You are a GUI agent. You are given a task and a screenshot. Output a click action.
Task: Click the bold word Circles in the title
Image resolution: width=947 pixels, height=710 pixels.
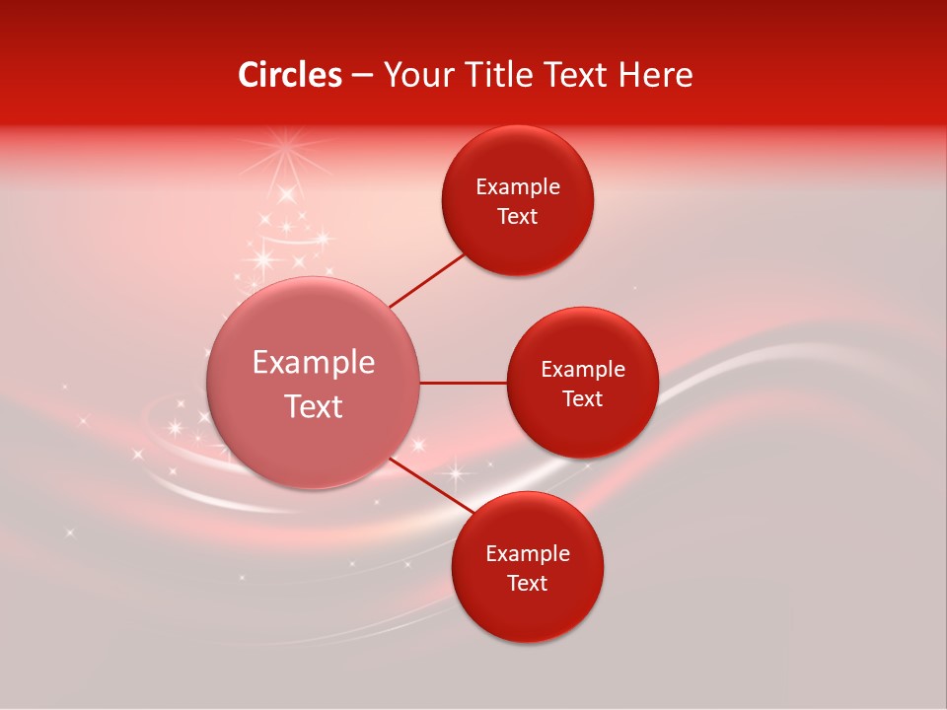click(x=289, y=75)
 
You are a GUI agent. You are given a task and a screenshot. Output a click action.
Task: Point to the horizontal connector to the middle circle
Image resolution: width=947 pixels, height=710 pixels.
click(x=464, y=383)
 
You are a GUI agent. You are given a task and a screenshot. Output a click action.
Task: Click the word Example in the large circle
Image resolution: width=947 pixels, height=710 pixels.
click(x=314, y=363)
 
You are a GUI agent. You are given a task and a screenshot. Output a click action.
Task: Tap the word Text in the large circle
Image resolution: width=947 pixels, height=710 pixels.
click(x=314, y=406)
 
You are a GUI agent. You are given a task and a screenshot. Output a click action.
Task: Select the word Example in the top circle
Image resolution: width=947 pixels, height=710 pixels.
click(x=518, y=187)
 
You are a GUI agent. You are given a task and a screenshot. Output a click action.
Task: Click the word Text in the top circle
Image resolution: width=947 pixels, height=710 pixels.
click(x=518, y=217)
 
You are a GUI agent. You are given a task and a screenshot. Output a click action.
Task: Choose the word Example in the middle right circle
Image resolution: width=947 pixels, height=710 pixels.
click(x=583, y=370)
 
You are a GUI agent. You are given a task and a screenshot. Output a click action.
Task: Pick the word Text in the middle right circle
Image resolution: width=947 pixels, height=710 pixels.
click(x=583, y=399)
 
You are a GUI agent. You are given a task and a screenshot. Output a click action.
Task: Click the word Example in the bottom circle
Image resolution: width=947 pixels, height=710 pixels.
click(x=528, y=554)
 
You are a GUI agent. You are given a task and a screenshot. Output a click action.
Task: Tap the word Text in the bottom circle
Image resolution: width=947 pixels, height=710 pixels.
click(x=528, y=584)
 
